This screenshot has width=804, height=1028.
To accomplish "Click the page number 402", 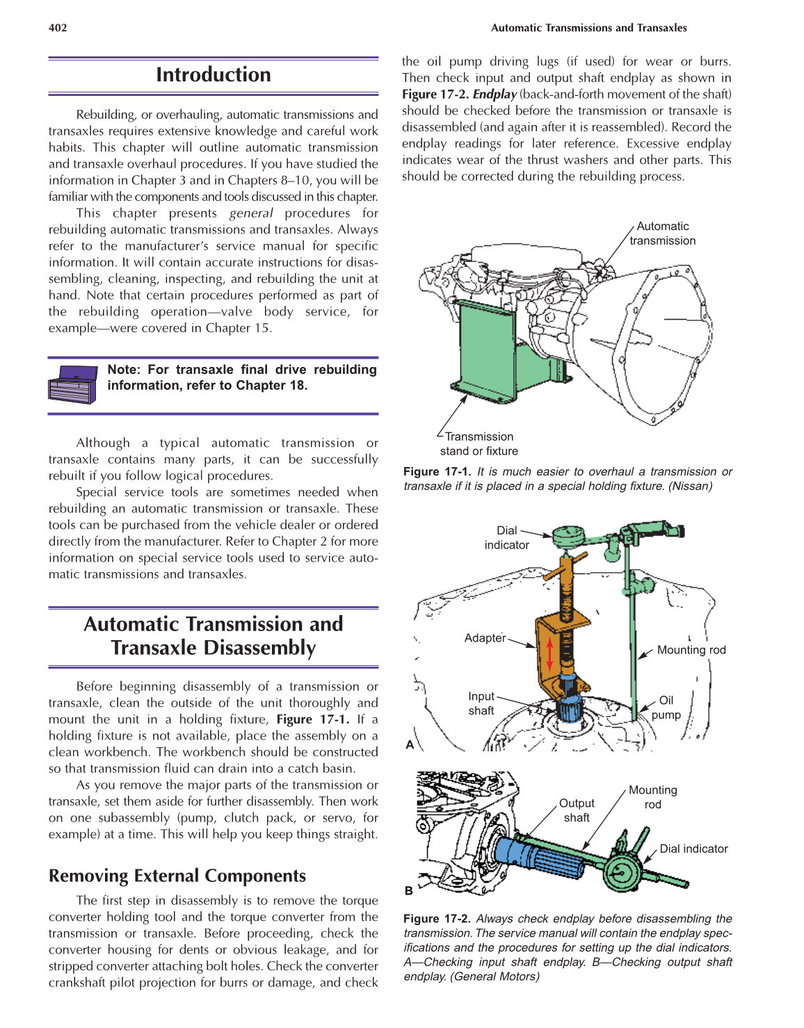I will (58, 28).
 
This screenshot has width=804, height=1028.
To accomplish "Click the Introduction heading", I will (213, 75).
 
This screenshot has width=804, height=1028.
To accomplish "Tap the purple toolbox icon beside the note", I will (72, 384).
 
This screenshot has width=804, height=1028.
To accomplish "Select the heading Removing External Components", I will (177, 876).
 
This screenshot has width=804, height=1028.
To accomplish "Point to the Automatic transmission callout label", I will (662, 234).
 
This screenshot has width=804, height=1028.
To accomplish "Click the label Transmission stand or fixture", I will (479, 443).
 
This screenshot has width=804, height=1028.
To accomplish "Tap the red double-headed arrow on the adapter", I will (549, 653).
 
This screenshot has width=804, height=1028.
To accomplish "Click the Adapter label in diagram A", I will (485, 638).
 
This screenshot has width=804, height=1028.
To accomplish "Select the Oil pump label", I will (666, 708).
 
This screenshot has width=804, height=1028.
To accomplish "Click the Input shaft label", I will (481, 703).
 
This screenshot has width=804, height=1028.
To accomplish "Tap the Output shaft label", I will (577, 810).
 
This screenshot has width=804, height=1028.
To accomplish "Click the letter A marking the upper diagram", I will (410, 744).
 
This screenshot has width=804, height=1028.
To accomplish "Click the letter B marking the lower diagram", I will (409, 890).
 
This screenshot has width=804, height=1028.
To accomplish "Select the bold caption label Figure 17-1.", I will (437, 472).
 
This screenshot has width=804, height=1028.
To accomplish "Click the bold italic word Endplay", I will (495, 95).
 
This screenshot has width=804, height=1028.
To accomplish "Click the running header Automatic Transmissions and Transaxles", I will (588, 28).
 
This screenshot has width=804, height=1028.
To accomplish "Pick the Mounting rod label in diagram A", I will (691, 650).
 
